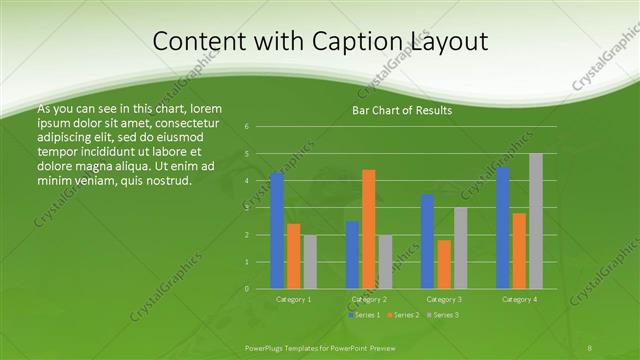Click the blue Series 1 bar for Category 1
click(x=277, y=231)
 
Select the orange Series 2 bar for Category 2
click(x=369, y=229)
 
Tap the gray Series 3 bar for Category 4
click(x=536, y=221)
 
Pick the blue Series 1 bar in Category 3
click(x=428, y=241)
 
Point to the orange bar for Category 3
click(x=444, y=264)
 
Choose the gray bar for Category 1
click(x=310, y=262)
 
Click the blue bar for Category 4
click(x=503, y=228)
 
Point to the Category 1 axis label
click(x=294, y=299)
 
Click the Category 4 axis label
click(x=519, y=299)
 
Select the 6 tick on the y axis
click(x=246, y=127)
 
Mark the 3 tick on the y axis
click(x=246, y=208)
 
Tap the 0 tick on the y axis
click(x=246, y=289)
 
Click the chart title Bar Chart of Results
click(x=402, y=110)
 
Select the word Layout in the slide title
click(x=447, y=42)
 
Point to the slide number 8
click(x=589, y=346)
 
